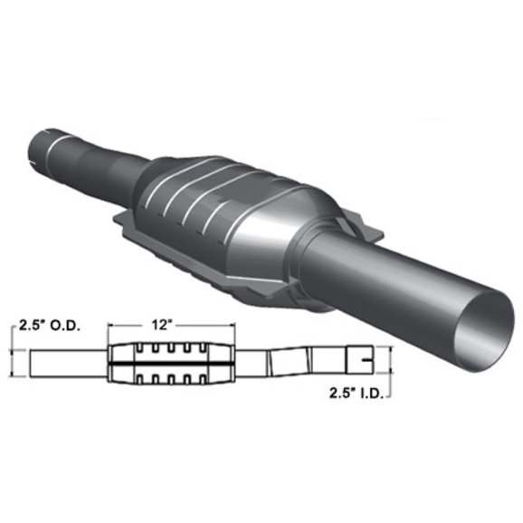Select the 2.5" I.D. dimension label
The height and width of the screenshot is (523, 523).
[x=355, y=394]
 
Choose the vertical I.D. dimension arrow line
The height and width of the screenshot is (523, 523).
[x=391, y=364]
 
